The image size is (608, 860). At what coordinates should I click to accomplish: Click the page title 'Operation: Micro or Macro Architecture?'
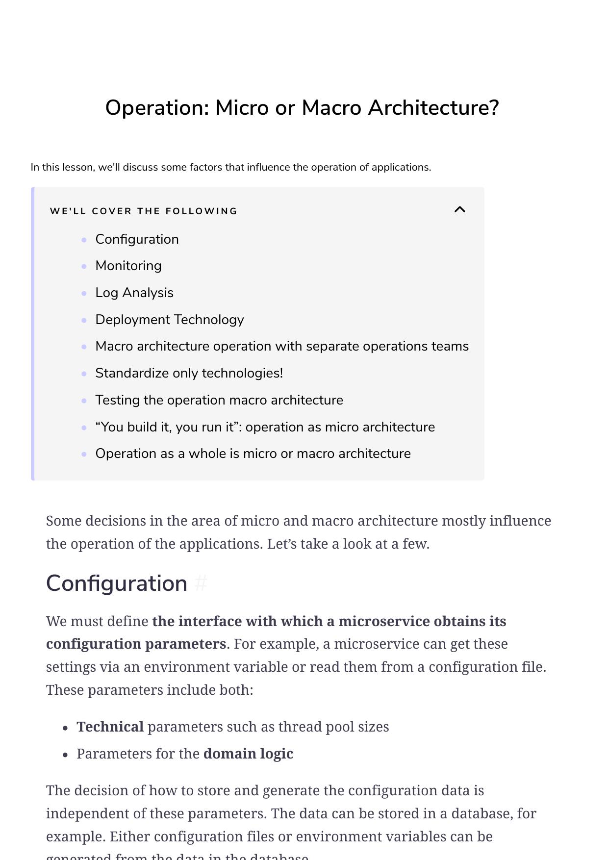(302, 108)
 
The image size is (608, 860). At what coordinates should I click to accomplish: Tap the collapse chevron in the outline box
(459, 210)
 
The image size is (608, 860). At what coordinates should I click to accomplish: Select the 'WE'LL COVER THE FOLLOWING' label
(143, 211)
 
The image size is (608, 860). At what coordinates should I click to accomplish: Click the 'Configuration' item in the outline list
(137, 239)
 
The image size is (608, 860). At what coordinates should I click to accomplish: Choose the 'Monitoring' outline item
(128, 266)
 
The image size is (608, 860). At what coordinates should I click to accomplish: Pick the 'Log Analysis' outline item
(134, 293)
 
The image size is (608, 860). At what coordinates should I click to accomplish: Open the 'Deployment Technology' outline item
(170, 320)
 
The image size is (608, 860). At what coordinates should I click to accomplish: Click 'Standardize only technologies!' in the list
(189, 373)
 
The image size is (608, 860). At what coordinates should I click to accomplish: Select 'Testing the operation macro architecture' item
(219, 400)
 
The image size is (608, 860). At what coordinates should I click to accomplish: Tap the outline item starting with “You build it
(265, 427)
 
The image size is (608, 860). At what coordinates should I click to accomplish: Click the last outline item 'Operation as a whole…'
(253, 454)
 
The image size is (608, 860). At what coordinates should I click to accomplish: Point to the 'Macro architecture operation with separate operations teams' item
(282, 346)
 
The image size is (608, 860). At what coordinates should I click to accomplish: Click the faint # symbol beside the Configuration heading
(201, 583)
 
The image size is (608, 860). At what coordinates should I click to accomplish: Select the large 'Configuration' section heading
(117, 583)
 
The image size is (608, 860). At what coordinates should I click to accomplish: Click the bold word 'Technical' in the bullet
(110, 727)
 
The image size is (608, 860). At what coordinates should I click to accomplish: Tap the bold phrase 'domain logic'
(248, 754)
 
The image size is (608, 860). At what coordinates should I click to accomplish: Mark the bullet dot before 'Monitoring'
(84, 266)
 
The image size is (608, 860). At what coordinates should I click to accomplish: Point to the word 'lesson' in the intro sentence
(78, 167)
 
